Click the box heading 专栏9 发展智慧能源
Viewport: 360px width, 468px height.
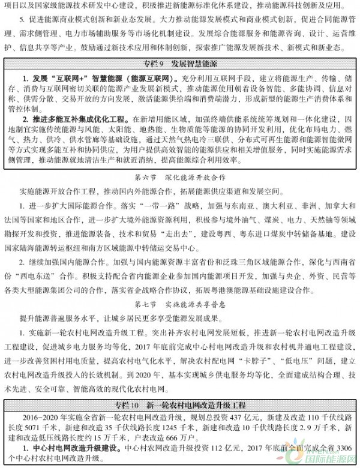coord(180,62)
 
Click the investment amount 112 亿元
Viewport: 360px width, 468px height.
coord(198,448)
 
